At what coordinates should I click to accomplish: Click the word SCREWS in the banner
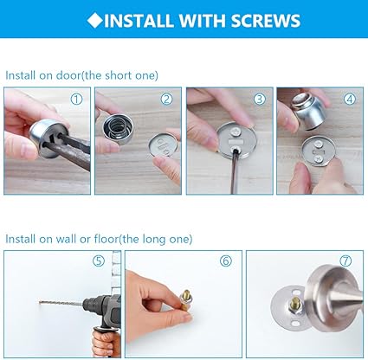[x=266, y=21]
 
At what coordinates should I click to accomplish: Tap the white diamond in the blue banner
[x=95, y=20]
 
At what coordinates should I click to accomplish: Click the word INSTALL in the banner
[x=139, y=21]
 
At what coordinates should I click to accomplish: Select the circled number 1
[x=76, y=100]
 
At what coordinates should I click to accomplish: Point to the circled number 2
[x=166, y=100]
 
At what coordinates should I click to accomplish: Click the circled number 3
[x=260, y=100]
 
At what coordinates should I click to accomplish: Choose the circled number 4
[x=350, y=100]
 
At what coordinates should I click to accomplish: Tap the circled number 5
[x=99, y=260]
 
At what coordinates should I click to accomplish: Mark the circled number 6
[x=226, y=260]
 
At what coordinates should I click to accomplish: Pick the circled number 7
[x=345, y=260]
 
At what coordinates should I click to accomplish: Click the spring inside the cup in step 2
[x=116, y=127]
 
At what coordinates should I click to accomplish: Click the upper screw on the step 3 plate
[x=236, y=132]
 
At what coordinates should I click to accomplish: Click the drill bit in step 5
[x=61, y=304]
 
